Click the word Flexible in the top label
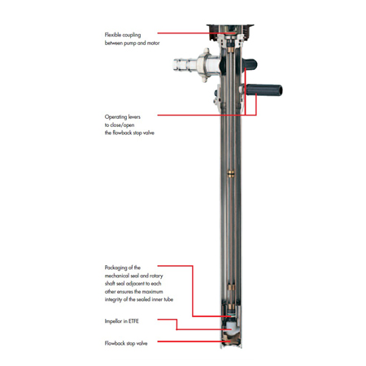point(112,35)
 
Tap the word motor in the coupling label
point(153,43)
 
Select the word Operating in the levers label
point(115,117)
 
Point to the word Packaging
point(115,268)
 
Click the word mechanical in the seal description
point(117,276)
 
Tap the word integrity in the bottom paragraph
point(113,299)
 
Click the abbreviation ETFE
point(134,321)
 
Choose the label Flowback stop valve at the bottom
point(126,343)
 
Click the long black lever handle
point(264,90)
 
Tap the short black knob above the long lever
point(250,64)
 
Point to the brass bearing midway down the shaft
point(231,173)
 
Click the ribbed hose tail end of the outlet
point(182,65)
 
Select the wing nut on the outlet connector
point(205,65)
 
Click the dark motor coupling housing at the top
point(230,32)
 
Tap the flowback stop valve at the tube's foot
point(230,341)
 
